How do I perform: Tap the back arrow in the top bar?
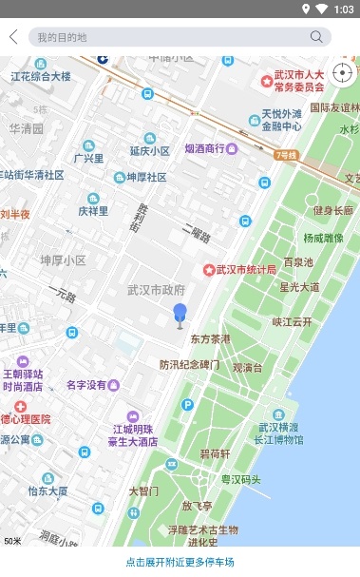pos(13,37)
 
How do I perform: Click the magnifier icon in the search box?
pos(316,37)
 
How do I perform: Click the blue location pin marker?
pos(180,315)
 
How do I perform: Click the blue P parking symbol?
pos(187,404)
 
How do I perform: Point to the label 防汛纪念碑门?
pos(189,364)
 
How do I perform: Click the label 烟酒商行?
pos(211,148)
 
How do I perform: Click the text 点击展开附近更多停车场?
pos(180,562)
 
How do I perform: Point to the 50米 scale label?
pos(12,541)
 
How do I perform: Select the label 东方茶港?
pos(210,338)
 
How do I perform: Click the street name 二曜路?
pos(194,230)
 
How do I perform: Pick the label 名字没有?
pos(85,385)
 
